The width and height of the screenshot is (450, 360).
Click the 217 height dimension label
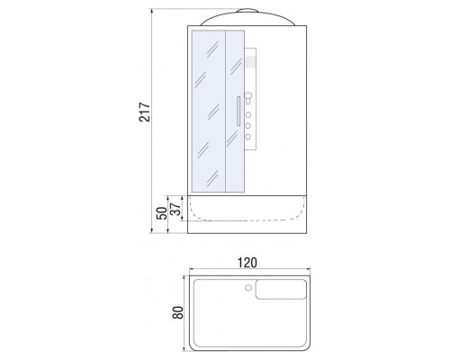coord(144,112)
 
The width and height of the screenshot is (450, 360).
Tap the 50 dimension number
coord(162,213)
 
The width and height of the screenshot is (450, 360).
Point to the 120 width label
coord(247,263)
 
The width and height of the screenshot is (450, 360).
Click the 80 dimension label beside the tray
coord(177,312)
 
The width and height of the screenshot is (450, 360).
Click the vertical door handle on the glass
coord(238,111)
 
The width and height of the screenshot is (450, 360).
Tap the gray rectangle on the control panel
coord(250,62)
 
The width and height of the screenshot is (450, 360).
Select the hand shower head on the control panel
coord(248,98)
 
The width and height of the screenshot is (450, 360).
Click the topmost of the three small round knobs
coord(248,115)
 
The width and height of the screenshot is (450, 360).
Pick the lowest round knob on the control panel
coord(248,137)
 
